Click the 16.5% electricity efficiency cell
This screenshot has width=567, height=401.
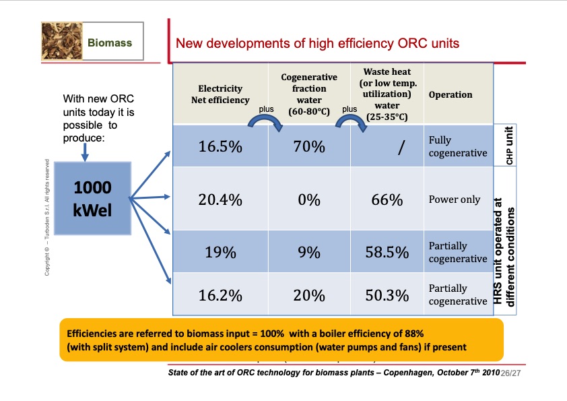coord(220,147)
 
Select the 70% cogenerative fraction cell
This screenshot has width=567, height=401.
coord(309,147)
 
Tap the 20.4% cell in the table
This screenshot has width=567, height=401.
coord(220,199)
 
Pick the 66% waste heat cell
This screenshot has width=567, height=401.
coord(387,199)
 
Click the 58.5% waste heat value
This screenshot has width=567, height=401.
coord(387,253)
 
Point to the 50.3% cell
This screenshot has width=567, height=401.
coord(387,295)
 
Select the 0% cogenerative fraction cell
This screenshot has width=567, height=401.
coord(309,199)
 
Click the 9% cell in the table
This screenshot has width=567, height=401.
coord(309,253)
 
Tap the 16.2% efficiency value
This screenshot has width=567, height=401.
coord(220,295)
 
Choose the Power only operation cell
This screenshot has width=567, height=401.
coord(455,199)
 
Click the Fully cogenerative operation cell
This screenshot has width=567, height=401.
coord(457,146)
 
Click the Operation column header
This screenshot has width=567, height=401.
coord(450,94)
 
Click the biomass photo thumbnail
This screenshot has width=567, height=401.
coord(61,42)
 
